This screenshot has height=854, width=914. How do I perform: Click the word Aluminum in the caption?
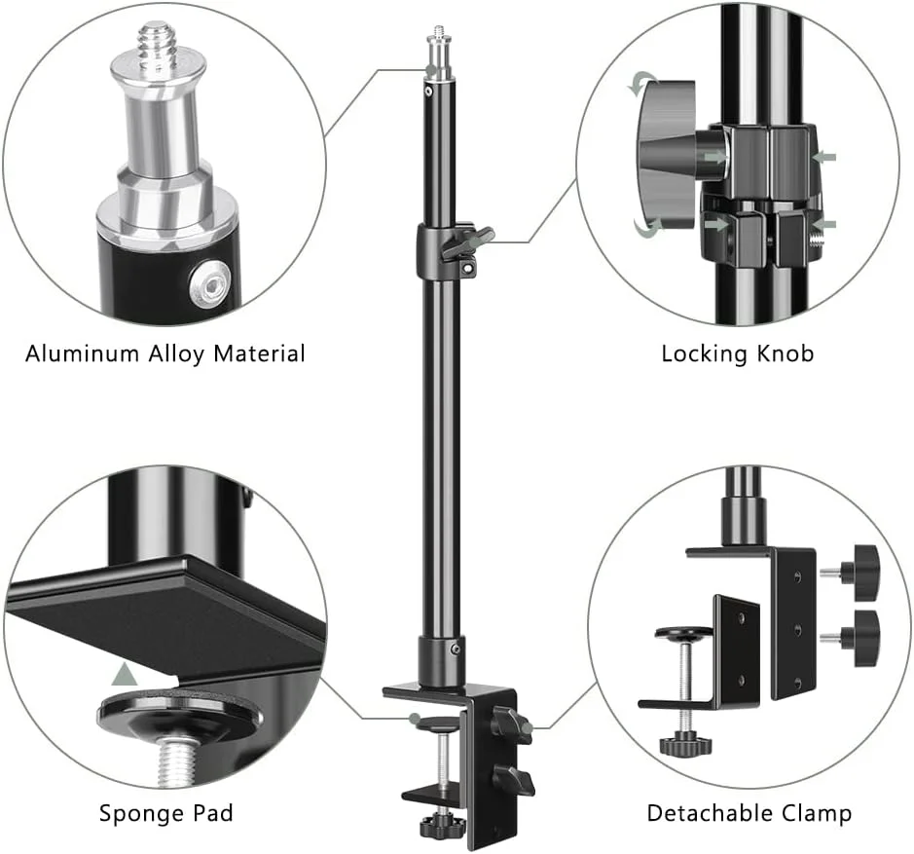tap(82, 353)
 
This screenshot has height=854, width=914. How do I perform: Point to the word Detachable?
tap(709, 812)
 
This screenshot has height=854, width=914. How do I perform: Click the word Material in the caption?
tap(259, 353)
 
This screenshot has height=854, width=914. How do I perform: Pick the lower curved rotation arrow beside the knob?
tap(648, 228)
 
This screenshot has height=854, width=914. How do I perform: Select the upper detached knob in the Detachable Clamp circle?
tap(857, 573)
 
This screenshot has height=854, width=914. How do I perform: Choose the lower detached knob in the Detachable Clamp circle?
tap(857, 638)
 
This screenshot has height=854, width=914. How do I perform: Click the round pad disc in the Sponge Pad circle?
tap(179, 713)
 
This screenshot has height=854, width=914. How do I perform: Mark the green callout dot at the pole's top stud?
tap(431, 70)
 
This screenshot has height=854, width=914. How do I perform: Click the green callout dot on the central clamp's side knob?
tap(527, 727)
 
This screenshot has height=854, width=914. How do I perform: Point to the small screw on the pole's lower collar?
tap(456, 649)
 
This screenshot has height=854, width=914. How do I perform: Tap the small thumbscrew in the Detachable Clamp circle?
tap(685, 743)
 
